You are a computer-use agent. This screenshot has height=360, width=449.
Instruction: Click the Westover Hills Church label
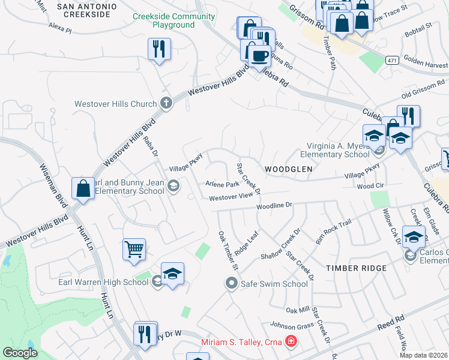[x=115, y=104]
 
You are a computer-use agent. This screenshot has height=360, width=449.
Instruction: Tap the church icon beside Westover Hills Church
[x=166, y=103]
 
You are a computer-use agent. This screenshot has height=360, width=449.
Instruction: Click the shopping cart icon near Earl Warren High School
[x=134, y=248]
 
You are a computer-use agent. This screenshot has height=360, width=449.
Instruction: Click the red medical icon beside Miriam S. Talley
[x=292, y=341]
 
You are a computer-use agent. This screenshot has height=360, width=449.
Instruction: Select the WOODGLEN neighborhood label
[x=286, y=169]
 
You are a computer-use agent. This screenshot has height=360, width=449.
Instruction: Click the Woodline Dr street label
[x=274, y=206]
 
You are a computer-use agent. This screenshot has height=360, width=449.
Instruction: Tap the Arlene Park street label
[x=222, y=184]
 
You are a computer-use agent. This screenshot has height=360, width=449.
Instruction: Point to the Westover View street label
[x=231, y=197]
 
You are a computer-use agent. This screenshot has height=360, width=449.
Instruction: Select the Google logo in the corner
[x=20, y=352]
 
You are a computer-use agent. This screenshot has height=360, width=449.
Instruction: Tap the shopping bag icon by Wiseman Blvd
[x=83, y=188]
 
